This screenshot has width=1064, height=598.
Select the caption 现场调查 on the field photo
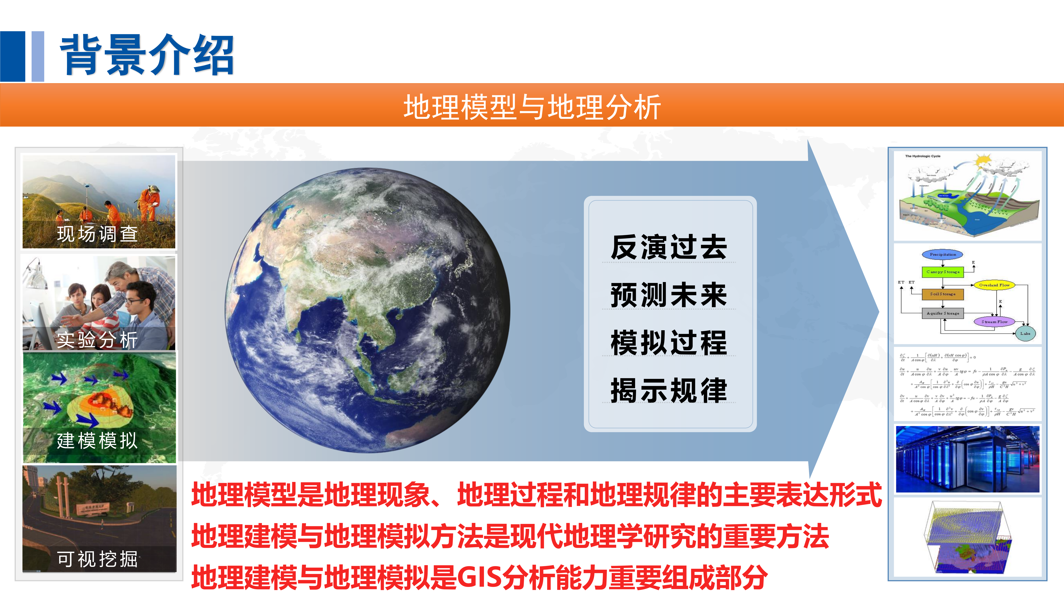click(97, 234)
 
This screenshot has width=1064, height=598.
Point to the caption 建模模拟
click(97, 440)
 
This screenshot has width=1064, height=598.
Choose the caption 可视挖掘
click(97, 559)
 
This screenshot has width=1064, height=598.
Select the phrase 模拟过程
click(669, 343)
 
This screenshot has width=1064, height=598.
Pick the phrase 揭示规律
click(669, 390)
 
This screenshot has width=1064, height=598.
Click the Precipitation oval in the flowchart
click(943, 254)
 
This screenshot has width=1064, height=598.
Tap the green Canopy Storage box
click(943, 272)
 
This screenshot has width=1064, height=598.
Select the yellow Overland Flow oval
click(994, 285)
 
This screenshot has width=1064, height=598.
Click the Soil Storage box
click(943, 294)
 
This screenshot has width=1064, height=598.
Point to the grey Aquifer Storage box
click(943, 313)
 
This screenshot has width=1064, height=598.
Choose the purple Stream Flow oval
click(994, 321)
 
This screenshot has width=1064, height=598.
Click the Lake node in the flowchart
click(1025, 333)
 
